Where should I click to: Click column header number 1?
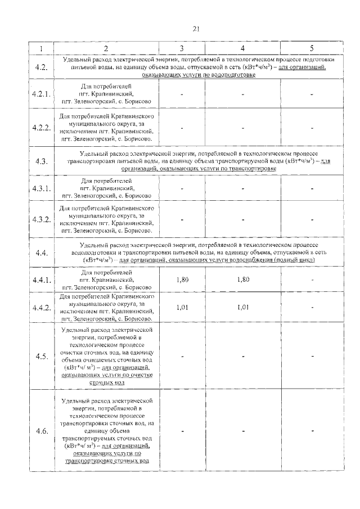(x=40, y=48)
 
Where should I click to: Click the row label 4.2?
(x=40, y=67)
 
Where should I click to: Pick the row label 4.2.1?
(x=40, y=94)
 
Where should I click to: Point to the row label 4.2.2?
(x=40, y=127)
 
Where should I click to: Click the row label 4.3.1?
(x=40, y=188)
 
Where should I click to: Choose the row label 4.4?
(x=40, y=253)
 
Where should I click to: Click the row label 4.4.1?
(x=40, y=280)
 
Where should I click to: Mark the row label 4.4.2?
(x=40, y=308)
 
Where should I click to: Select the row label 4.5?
(x=40, y=356)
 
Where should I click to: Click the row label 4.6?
(x=40, y=431)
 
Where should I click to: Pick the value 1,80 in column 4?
(x=242, y=279)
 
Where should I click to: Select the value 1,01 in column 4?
(x=242, y=308)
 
